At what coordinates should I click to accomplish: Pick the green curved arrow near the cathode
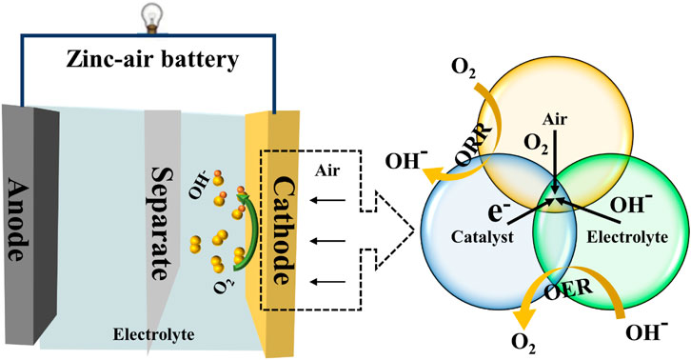[240, 229]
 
